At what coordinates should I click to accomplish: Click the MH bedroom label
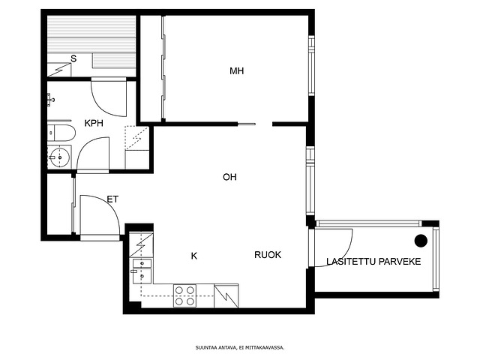click(237, 71)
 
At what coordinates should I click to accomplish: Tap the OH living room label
click(229, 177)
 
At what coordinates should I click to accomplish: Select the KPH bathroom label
click(94, 123)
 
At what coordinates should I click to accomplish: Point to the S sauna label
click(73, 58)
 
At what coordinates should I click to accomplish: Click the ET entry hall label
click(112, 199)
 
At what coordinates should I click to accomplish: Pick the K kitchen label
click(194, 256)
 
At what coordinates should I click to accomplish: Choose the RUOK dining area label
click(268, 255)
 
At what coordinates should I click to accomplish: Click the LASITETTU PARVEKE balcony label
click(373, 262)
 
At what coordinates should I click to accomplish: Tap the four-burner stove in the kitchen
click(184, 295)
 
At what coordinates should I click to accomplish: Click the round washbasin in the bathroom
click(60, 157)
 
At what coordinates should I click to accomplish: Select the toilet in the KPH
click(61, 133)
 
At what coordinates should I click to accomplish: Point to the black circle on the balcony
click(421, 241)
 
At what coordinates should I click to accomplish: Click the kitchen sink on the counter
click(142, 271)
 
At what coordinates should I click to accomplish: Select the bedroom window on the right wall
click(311, 65)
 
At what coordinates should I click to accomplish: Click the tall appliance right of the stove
click(226, 295)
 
